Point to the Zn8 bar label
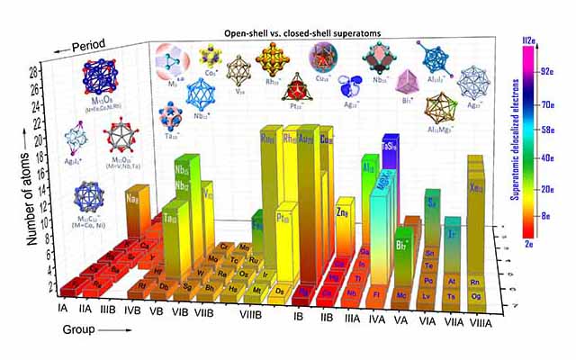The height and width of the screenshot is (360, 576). pyautogui.click(x=343, y=213)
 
